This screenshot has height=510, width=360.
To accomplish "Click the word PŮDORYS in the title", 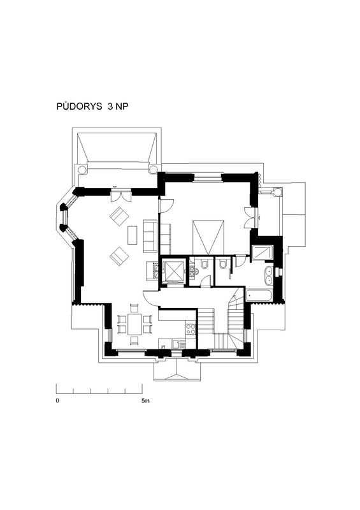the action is [x=79, y=106].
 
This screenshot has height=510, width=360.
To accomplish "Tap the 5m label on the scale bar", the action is [x=145, y=401].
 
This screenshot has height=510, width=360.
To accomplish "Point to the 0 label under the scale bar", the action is [x=57, y=401].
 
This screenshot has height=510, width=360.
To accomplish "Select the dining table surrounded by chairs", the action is [x=134, y=324].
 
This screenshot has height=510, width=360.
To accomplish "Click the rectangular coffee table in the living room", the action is [x=133, y=235].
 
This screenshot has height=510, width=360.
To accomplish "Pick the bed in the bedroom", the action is [x=208, y=237].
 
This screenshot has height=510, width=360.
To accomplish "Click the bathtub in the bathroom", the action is [x=259, y=296].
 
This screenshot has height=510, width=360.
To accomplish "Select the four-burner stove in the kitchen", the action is [x=191, y=329].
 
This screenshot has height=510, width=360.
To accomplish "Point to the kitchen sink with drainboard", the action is [x=179, y=344].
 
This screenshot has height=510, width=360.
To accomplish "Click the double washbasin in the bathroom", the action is [x=269, y=275].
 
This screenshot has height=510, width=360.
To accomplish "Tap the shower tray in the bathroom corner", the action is [x=263, y=252].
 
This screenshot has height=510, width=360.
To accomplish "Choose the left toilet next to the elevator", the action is [x=205, y=265].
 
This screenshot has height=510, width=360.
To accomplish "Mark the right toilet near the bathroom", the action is [x=223, y=265].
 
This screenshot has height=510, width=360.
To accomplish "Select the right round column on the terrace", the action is [x=153, y=170].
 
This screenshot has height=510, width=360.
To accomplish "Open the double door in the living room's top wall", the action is [x=120, y=196].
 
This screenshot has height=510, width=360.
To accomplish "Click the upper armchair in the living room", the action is [x=119, y=216].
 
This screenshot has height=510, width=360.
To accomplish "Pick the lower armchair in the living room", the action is [x=119, y=256].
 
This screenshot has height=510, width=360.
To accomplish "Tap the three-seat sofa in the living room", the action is [x=150, y=236].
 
